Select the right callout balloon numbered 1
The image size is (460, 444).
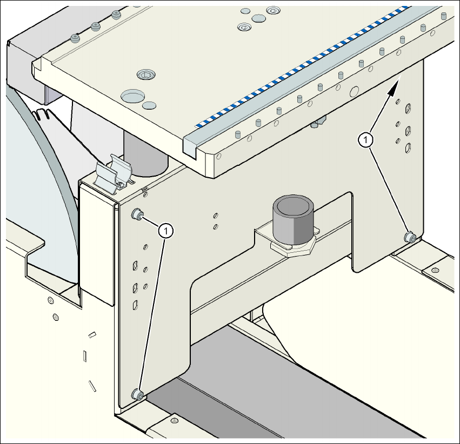(366, 139)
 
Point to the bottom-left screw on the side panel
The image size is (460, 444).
(138, 395)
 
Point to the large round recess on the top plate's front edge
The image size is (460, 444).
(133, 97)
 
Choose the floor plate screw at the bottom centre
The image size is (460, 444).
(174, 420)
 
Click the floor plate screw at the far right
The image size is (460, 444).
(435, 270)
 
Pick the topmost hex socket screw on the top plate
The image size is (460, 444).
(273, 10)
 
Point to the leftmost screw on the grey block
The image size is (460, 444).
(75, 38)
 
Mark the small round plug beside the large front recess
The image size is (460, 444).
(150, 103)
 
